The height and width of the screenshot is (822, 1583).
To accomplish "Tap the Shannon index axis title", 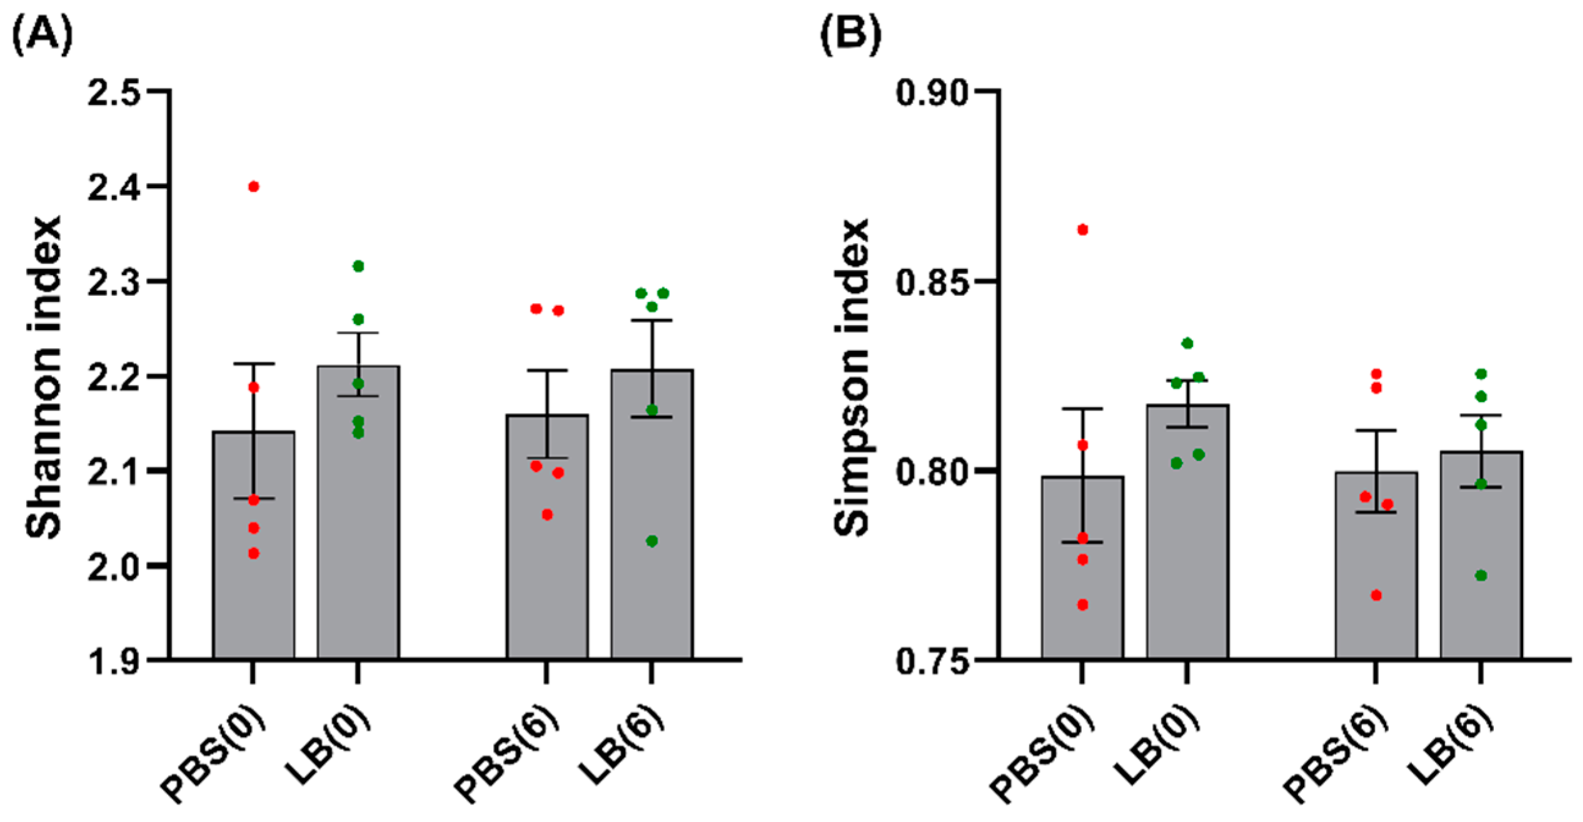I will tap(44, 377).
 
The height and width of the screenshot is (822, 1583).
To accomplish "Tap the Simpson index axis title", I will tap(853, 377).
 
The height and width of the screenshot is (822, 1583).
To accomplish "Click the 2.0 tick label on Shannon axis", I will tap(120, 566).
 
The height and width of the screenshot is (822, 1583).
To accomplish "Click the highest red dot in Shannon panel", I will tap(253, 187).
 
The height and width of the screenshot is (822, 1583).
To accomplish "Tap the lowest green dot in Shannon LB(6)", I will tap(652, 541).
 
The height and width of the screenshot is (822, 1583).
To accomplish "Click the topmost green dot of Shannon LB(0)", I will tap(358, 266).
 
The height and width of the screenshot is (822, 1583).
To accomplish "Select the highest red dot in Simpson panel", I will tap(1083, 230).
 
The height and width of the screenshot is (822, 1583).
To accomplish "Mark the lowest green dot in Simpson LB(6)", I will tap(1481, 576).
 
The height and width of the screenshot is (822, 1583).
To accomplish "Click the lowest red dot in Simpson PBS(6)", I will tap(1376, 595).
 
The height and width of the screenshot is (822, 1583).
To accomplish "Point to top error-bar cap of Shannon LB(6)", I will tap(652, 320).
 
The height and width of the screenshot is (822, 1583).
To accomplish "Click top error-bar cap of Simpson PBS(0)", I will tap(1083, 408).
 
